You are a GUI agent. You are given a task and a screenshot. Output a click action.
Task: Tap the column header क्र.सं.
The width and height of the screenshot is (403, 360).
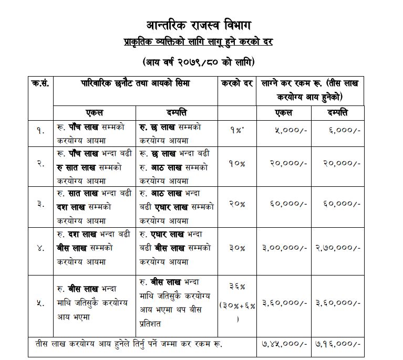(41, 83)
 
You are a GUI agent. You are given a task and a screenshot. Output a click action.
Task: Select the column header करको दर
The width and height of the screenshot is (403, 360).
(237, 83)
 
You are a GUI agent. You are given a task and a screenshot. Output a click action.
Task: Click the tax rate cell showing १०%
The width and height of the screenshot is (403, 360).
(237, 163)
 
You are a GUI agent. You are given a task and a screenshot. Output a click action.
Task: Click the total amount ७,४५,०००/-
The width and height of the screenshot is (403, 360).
(284, 344)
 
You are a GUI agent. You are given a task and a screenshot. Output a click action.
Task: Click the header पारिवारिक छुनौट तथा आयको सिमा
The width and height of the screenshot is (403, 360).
(136, 83)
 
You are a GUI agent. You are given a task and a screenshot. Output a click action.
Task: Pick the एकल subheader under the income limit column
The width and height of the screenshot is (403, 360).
(95, 112)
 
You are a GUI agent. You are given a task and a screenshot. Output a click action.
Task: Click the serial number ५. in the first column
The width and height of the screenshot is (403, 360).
(41, 303)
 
